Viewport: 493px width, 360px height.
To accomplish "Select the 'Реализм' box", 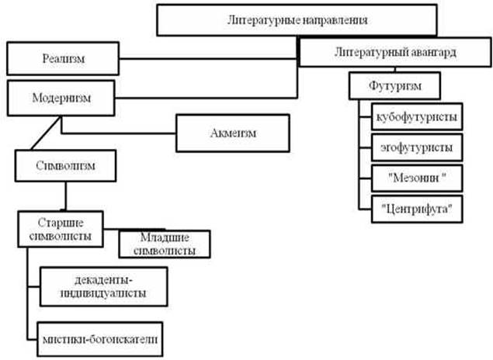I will click(x=64, y=58).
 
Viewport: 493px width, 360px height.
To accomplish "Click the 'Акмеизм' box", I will click(x=233, y=133).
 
